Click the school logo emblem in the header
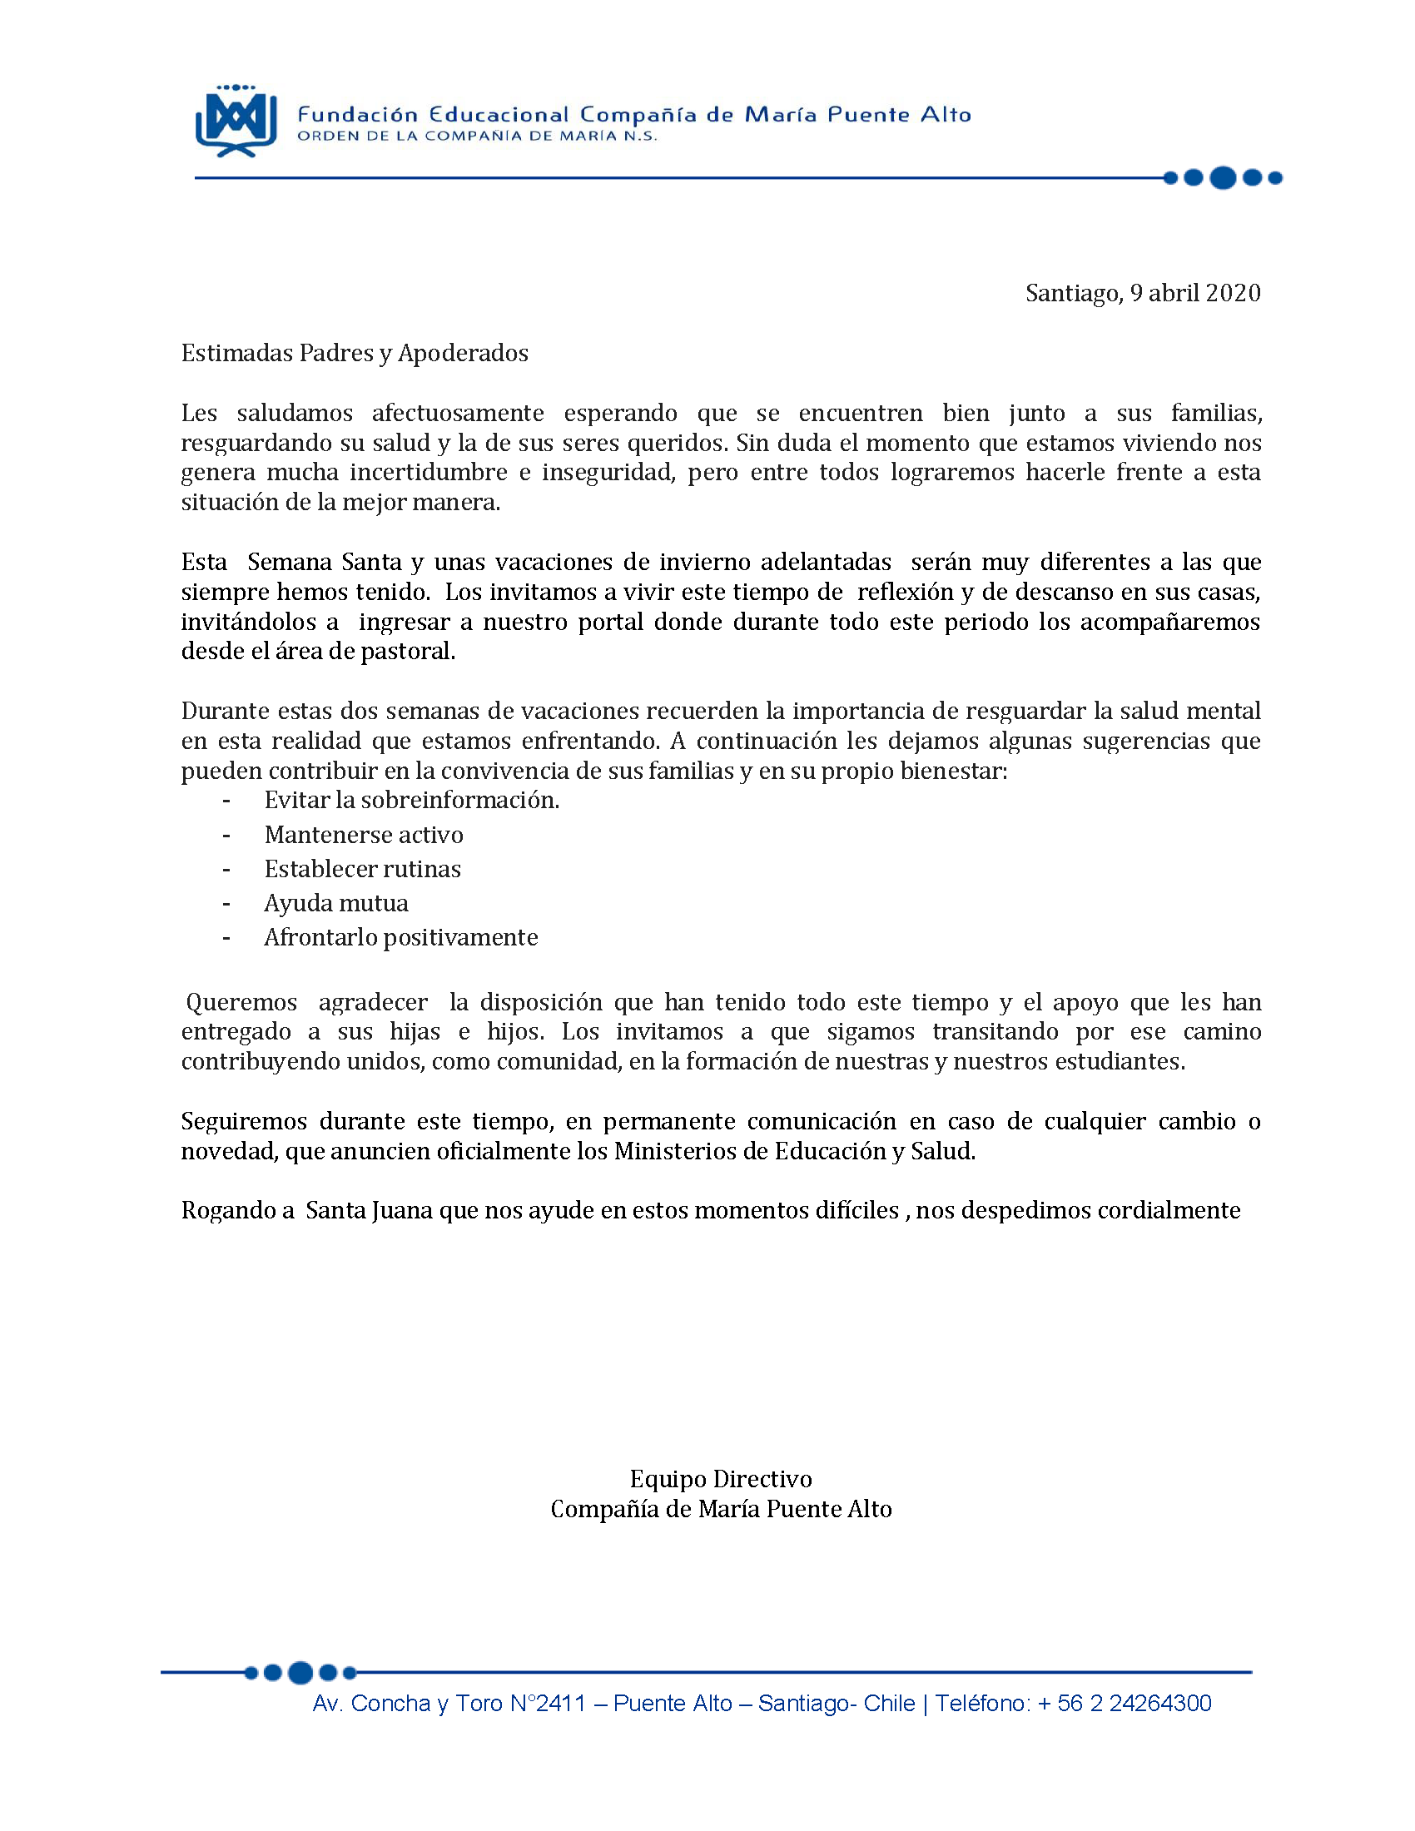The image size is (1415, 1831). (x=236, y=121)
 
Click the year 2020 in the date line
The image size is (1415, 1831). (x=1234, y=293)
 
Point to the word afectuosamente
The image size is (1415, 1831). (x=458, y=414)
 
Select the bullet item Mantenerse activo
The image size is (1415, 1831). (x=364, y=835)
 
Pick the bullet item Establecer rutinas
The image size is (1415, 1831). (x=362, y=870)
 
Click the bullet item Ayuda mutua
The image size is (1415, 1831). (x=336, y=904)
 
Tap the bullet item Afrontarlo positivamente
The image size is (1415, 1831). (x=400, y=938)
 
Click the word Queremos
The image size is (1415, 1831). (x=241, y=1003)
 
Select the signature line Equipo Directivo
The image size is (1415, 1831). (x=721, y=1479)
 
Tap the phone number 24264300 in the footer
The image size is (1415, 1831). (x=1160, y=1704)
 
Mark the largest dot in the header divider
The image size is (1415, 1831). (x=1223, y=178)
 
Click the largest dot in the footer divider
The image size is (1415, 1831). (x=300, y=1673)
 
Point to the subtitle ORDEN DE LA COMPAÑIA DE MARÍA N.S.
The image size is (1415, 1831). (x=477, y=136)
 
